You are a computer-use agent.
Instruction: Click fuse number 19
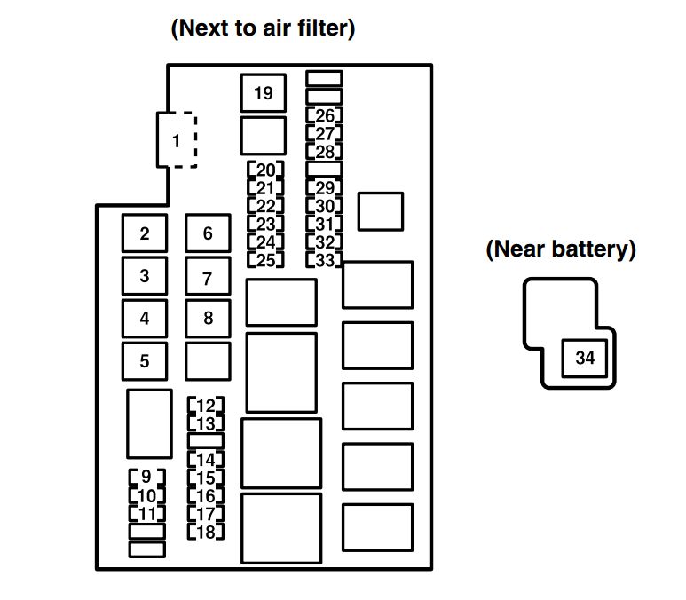tap(263, 93)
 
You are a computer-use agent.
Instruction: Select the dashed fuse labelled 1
tap(177, 140)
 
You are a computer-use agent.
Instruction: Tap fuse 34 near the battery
tap(585, 359)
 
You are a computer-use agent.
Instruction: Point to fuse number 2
tap(145, 234)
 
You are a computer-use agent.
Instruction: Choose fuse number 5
tap(145, 361)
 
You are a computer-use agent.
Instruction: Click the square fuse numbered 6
tap(208, 233)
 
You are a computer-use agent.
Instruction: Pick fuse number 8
tap(208, 318)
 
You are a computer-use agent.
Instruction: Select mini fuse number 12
tap(206, 406)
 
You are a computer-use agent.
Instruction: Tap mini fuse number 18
tap(206, 533)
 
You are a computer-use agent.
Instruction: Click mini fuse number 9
tap(146, 477)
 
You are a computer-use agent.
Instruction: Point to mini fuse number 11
tap(146, 514)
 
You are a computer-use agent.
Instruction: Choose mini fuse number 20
tap(265, 170)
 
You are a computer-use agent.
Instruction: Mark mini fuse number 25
tap(265, 260)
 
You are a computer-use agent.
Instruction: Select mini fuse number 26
tap(325, 115)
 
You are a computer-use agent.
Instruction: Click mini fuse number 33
tap(325, 260)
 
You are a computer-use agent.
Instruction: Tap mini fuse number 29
tap(325, 187)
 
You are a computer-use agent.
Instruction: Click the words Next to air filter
tap(263, 28)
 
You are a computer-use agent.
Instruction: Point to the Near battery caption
tap(561, 249)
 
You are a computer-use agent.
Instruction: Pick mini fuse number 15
tap(206, 478)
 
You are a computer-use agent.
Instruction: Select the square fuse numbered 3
tap(145, 276)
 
